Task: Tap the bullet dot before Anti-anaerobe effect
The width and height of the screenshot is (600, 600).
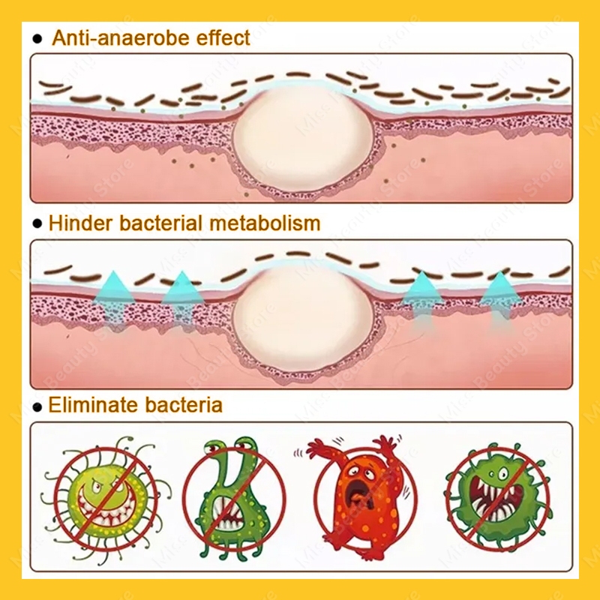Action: point(37,39)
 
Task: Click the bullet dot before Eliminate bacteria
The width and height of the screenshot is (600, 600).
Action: point(37,407)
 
